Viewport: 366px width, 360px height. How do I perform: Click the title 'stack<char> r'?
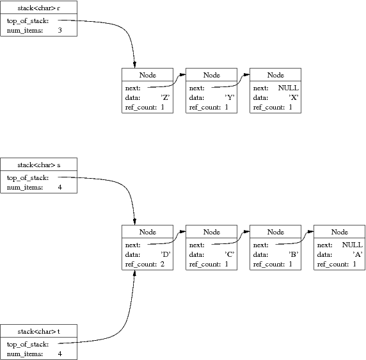[x=39, y=8]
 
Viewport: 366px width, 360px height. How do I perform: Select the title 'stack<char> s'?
[x=39, y=165]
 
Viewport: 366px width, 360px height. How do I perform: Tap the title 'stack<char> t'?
[x=39, y=332]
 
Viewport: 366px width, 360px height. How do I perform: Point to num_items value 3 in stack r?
[x=60, y=30]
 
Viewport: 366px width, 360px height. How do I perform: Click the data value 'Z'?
[x=165, y=97]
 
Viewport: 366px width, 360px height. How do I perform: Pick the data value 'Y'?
[x=230, y=97]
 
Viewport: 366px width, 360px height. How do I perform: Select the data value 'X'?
[x=294, y=97]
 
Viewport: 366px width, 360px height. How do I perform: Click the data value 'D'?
[x=166, y=254]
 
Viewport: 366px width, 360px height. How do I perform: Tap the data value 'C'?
[x=230, y=254]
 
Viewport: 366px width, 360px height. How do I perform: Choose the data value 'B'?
[x=294, y=254]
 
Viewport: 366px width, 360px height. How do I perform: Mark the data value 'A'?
[x=358, y=254]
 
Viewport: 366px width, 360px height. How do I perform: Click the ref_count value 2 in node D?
[x=163, y=264]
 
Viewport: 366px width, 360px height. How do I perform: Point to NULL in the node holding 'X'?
[x=289, y=88]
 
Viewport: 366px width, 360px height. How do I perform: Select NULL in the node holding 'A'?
[x=352, y=245]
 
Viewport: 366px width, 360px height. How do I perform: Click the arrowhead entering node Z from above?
[x=134, y=65]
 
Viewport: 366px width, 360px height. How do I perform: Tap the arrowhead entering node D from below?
[x=134, y=274]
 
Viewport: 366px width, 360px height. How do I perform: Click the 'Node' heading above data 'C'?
[x=212, y=232]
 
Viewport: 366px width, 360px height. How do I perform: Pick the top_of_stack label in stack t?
[x=28, y=345]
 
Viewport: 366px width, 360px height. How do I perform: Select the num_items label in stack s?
[x=25, y=188]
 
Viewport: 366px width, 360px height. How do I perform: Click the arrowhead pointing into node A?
[x=310, y=232]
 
